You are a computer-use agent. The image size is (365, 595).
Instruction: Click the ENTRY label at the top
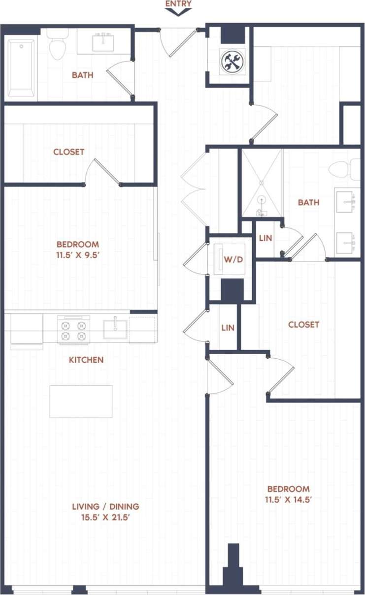pos(178,3)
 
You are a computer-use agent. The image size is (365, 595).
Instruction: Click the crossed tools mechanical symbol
pos(232,62)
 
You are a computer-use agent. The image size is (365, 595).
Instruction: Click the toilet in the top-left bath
pos(58,44)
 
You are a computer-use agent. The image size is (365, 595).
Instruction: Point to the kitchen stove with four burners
pos(74,329)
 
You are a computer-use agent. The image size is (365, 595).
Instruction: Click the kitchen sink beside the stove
pos(115,329)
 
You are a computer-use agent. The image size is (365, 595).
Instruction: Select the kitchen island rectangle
pos(81,401)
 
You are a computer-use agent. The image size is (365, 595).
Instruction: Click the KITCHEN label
pos(86,360)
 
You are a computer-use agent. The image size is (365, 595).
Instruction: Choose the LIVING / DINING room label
pos(105,506)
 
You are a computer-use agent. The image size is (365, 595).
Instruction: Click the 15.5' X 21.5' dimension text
pos(105,518)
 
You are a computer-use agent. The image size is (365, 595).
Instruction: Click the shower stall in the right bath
pos(262,183)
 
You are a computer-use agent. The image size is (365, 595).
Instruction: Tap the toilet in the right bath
pos(347,169)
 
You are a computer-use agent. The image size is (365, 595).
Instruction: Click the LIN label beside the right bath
pos(265,238)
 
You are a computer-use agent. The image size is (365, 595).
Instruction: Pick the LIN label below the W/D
pos(228,328)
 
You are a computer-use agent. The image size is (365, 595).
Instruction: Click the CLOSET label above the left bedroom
pos(68,152)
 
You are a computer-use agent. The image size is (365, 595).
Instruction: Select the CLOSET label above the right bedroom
pos(303,325)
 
